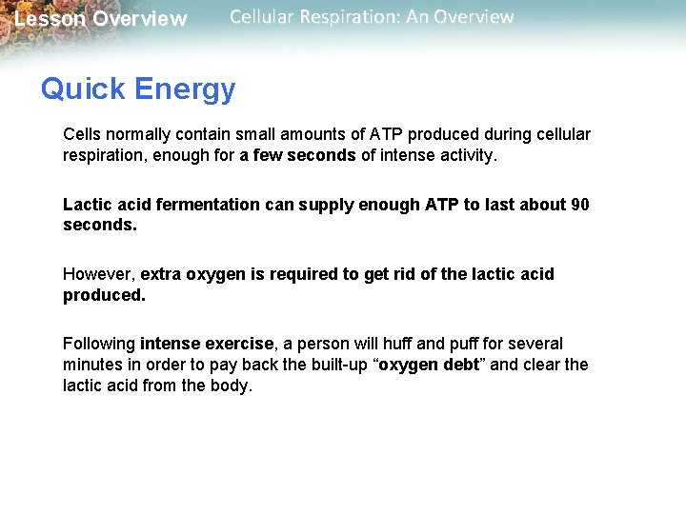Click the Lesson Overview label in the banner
point(101,19)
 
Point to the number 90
point(580,205)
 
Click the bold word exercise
point(247,344)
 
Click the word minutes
point(93,365)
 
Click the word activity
point(466,155)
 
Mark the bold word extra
point(161,274)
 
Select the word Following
point(98,344)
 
